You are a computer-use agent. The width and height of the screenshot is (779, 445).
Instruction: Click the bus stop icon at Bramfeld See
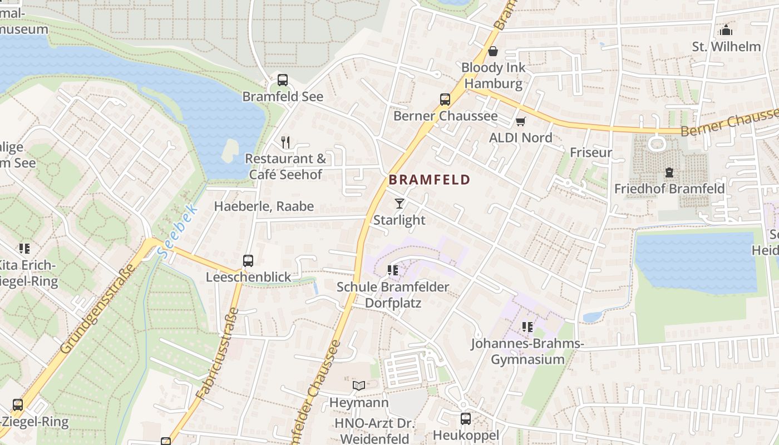click(x=283, y=80)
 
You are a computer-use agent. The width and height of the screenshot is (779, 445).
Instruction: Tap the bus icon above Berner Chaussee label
click(x=445, y=100)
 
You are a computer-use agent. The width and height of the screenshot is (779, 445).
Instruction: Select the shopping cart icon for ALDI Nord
click(x=520, y=121)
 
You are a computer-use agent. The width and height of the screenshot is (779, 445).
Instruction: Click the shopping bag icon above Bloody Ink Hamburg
click(x=493, y=52)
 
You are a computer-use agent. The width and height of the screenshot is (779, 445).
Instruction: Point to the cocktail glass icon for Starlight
click(x=399, y=204)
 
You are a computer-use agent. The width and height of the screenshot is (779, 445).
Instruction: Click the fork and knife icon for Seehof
click(x=285, y=142)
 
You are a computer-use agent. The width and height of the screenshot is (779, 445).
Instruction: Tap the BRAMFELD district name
click(x=430, y=180)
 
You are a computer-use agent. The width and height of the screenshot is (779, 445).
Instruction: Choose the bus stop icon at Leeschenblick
click(x=248, y=260)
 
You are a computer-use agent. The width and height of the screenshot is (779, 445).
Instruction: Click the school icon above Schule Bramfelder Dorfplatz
click(x=392, y=270)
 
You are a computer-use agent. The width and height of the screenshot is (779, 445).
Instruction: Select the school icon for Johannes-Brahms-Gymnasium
click(x=527, y=327)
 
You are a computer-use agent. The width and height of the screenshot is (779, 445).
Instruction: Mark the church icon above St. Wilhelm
click(x=726, y=30)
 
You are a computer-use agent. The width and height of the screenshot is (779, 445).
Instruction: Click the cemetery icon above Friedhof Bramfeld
click(x=669, y=172)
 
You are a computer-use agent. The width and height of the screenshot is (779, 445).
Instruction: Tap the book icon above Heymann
click(x=359, y=385)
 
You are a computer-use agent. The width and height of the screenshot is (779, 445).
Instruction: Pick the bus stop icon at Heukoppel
click(x=466, y=418)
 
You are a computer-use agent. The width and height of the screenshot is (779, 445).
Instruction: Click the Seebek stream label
click(x=178, y=230)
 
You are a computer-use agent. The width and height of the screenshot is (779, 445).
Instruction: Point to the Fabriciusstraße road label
click(x=218, y=354)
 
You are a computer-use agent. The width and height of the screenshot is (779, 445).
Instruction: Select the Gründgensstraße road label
click(x=98, y=309)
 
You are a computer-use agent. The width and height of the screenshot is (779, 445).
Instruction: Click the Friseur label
click(x=591, y=152)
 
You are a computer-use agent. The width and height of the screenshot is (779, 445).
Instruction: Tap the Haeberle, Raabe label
click(x=264, y=206)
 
